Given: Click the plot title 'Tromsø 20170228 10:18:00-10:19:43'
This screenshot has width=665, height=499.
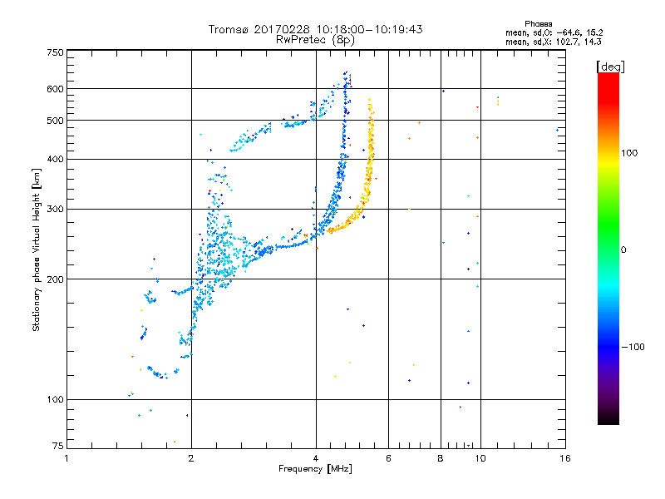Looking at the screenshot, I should tap(315, 29).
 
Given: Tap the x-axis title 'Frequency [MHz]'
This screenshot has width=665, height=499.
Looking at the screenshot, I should tap(315, 469).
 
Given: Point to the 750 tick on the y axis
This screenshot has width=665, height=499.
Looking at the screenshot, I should tap(55, 52).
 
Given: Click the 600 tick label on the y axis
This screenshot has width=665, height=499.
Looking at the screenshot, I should tap(55, 88).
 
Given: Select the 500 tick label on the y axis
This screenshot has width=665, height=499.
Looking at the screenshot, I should tap(55, 120).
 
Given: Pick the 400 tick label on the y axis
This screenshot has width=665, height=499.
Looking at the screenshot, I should tap(55, 159).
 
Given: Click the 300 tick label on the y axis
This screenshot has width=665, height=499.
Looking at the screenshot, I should tap(55, 209).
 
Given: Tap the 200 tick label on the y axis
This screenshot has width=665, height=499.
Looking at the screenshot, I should tap(55, 279).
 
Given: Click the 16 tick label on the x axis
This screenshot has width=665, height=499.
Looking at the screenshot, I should tap(564, 457).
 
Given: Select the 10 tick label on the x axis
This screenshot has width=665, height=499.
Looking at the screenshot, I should tap(480, 457).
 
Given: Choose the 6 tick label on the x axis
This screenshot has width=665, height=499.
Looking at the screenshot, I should tap(388, 457).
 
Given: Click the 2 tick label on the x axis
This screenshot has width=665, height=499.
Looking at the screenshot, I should tap(191, 457).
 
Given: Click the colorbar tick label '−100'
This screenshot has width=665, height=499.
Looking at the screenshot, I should tap(634, 347).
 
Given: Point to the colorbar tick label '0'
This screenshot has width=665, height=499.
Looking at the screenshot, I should tap(624, 249).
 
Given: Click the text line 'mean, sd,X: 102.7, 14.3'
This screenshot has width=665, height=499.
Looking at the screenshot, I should tap(554, 41).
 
